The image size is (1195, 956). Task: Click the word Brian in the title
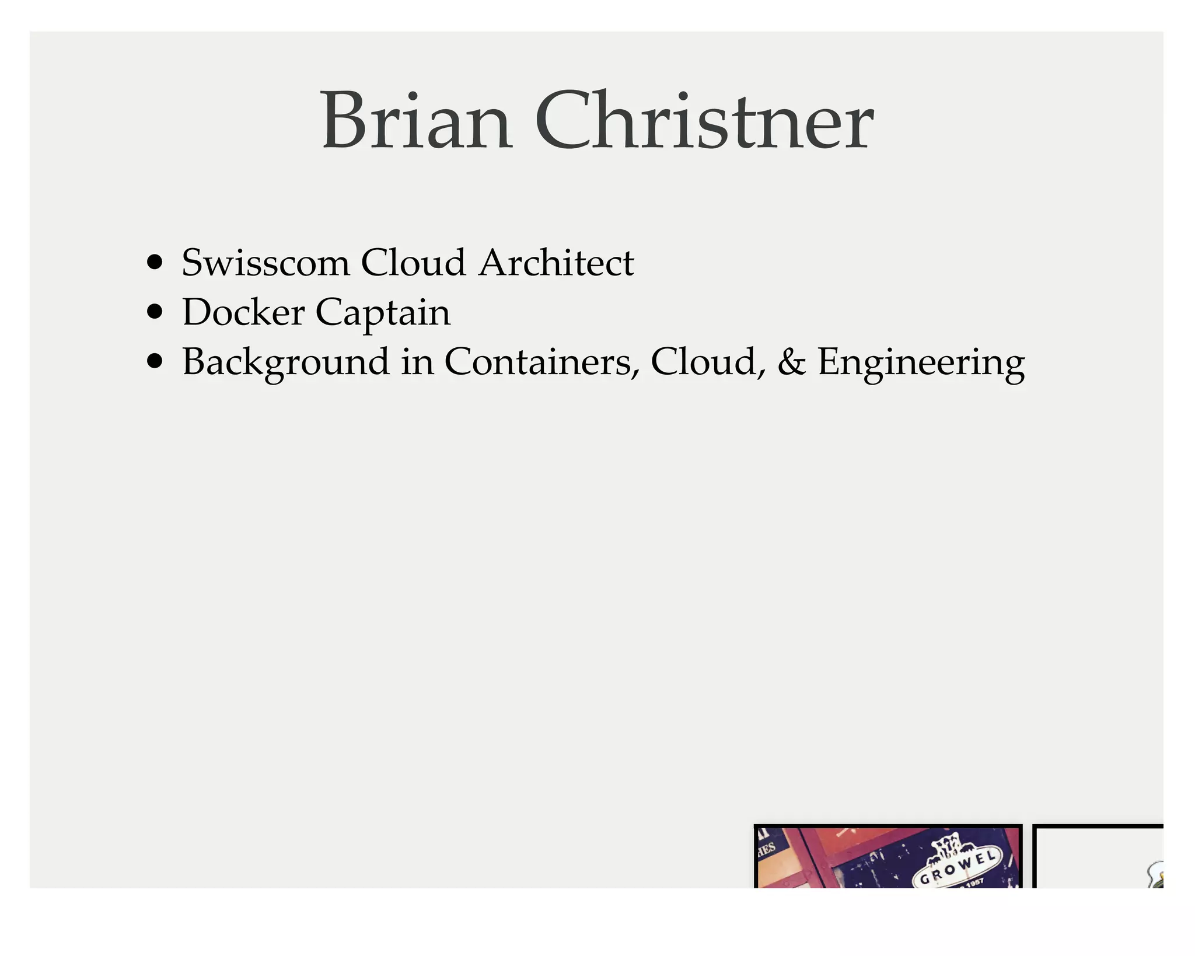pos(417,121)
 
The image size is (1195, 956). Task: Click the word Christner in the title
pos(704,121)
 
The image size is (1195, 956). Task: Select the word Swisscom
pos(265,263)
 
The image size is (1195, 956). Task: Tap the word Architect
pos(556,263)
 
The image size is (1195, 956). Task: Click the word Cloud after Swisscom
pos(413,263)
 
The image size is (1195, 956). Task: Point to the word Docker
pos(243,312)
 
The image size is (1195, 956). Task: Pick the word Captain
pos(383,313)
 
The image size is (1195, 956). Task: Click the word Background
pos(285,362)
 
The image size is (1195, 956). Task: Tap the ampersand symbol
pos(791,362)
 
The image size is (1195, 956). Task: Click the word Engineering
pos(921,363)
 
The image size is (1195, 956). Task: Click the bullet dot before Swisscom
pos(155,263)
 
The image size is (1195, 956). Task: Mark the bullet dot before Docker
pos(155,312)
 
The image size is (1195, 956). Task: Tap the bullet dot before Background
pos(155,361)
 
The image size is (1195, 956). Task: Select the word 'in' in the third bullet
pos(417,362)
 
